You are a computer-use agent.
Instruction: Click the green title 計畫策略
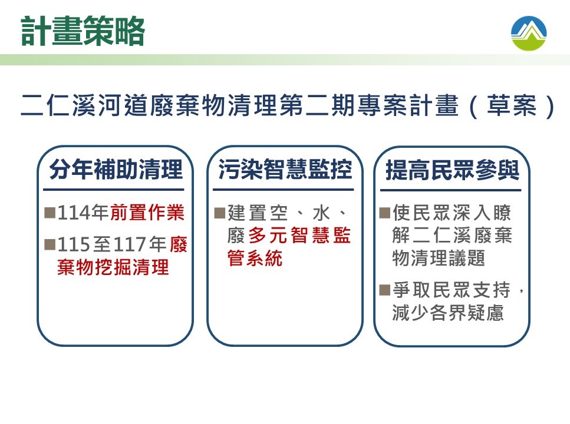83,31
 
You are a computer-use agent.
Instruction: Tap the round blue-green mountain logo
529,33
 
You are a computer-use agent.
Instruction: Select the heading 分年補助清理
116,170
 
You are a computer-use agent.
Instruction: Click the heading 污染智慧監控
285,170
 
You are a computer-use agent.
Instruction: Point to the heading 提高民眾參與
453,170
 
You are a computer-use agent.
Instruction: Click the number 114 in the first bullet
74,213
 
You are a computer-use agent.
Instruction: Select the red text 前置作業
147,213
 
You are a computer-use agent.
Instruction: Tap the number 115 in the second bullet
74,244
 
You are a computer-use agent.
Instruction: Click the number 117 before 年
130,244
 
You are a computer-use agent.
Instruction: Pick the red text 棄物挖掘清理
113,267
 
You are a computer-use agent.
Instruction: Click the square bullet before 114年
50,213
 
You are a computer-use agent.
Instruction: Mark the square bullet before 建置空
220,213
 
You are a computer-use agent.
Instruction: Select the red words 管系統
255,259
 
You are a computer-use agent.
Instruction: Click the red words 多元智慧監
299,236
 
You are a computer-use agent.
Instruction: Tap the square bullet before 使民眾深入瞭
384,213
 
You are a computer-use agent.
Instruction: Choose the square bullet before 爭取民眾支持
384,290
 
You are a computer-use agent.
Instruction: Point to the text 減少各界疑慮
448,313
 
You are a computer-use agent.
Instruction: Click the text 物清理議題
439,259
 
